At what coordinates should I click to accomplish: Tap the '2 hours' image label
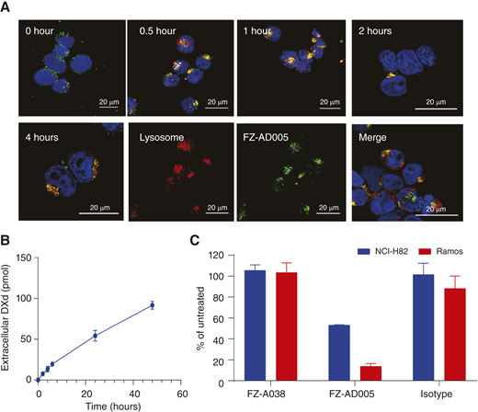(375, 28)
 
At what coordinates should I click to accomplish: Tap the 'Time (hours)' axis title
(110, 404)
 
